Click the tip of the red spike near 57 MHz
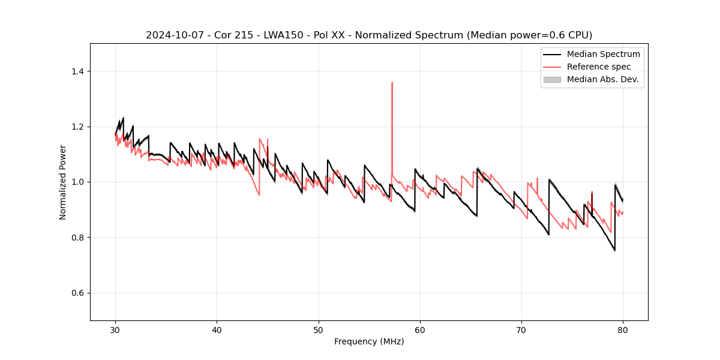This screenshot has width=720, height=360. click(392, 83)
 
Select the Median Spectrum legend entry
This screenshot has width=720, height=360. click(603, 54)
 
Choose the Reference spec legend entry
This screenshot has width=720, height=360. click(599, 67)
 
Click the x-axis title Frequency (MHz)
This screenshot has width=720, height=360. click(369, 341)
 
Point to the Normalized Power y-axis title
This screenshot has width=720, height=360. click(63, 182)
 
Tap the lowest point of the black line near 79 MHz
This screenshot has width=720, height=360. click(614, 250)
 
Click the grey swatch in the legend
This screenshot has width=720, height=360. click(551, 79)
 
